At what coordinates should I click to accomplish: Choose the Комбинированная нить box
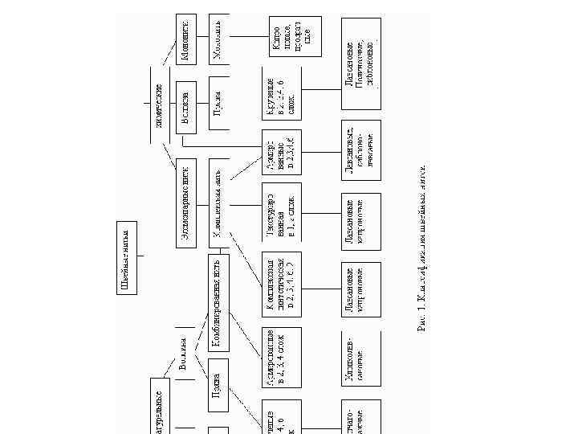pos(221,304)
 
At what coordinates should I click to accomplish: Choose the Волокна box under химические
pos(185,104)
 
